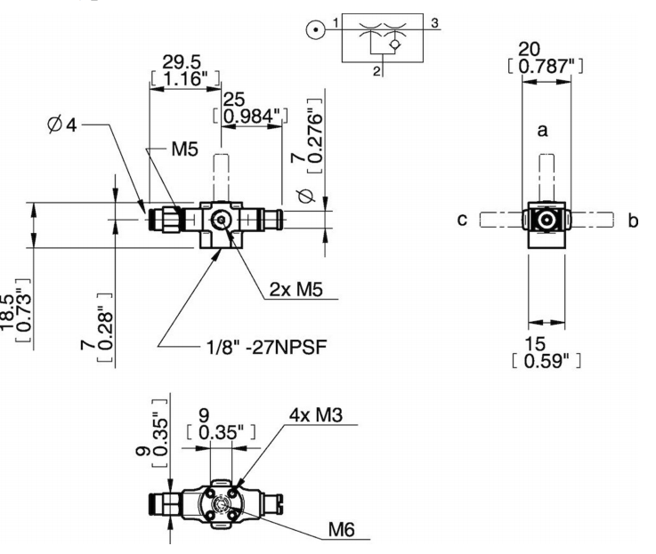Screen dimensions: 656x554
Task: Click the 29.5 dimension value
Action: coord(182,62)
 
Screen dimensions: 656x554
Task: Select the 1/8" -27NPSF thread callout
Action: coord(266,347)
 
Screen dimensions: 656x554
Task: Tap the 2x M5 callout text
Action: coord(296,289)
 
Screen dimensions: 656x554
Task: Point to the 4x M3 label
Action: coord(316,414)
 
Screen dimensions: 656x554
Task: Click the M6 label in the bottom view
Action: coord(342,529)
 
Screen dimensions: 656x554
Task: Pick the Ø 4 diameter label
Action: coord(62,124)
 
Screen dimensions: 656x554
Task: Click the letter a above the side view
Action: coord(542,131)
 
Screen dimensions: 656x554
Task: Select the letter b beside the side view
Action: coord(634,220)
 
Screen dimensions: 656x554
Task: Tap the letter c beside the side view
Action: coord(462,220)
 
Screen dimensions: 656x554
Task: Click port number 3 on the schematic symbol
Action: coord(434,23)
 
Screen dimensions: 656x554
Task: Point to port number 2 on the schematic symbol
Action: coord(377,71)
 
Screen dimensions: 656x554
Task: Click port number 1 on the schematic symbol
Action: coord(336,22)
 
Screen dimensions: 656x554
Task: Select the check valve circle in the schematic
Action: coord(394,44)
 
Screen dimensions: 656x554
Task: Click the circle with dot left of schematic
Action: coord(315,30)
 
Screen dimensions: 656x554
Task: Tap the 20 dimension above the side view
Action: coord(530,49)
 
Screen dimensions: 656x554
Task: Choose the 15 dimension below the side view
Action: coord(535,343)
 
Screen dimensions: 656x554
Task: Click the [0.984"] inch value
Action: coord(250,116)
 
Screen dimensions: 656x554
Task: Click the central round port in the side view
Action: coord(546,220)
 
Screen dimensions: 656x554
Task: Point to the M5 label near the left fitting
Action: coord(184,149)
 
